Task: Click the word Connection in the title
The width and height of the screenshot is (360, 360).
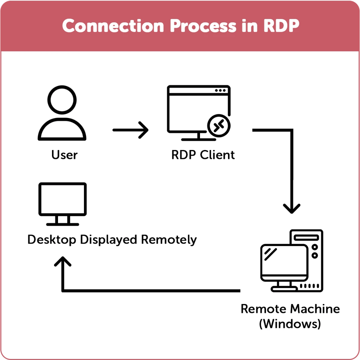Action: [x=113, y=26]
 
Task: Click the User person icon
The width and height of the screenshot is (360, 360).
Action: [x=62, y=116]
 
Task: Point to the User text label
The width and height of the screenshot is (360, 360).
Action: [x=64, y=155]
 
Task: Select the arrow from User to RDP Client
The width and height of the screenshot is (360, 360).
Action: [x=130, y=130]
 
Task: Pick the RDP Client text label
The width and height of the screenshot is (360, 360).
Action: [x=203, y=155]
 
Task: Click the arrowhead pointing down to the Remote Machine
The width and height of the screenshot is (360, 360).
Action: [x=292, y=208]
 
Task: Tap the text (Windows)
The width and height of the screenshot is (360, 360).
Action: [x=290, y=323]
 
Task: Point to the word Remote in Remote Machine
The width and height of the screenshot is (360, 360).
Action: [x=263, y=309]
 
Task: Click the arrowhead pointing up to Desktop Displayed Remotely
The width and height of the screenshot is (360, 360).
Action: [x=63, y=262]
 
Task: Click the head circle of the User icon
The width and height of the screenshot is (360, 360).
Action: [x=62, y=101]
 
